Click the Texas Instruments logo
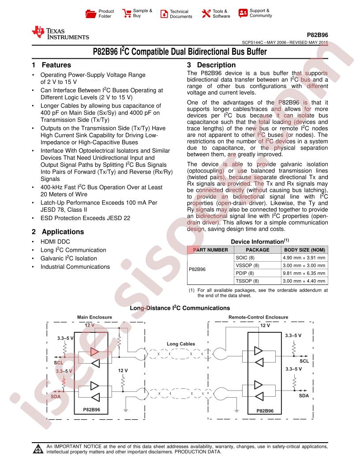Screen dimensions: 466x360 tap(60, 33)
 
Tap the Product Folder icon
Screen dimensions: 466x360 tap(90, 14)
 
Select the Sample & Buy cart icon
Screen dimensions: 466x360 tap(126, 13)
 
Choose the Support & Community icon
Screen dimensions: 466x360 tap(243, 13)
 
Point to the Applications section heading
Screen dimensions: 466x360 tap(58, 232)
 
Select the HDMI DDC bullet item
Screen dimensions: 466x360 tap(55, 242)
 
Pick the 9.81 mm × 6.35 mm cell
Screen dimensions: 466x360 tap(304, 273)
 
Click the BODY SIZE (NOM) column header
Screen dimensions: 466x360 tap(304, 249)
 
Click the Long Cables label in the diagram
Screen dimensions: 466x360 tap(180, 344)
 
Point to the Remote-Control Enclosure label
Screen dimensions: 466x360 tap(258, 317)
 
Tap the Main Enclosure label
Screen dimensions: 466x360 tap(94, 317)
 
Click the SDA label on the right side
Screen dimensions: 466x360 tap(304, 396)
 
